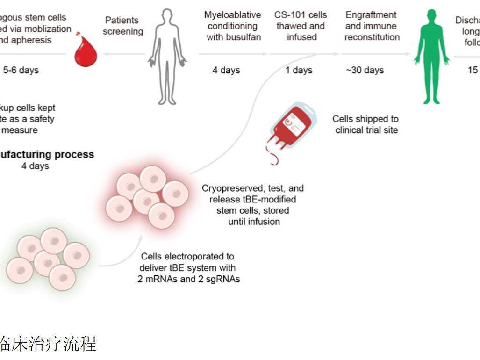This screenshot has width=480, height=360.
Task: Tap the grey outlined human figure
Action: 167,56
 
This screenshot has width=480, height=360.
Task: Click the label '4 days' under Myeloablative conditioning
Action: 226,71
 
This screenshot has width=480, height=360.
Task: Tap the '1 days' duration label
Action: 299,71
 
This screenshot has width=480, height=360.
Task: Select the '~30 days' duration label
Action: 365,71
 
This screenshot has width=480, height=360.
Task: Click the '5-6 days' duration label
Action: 21,71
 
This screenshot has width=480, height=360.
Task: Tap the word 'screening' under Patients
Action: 123,32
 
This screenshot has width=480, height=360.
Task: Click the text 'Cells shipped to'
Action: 365,119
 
